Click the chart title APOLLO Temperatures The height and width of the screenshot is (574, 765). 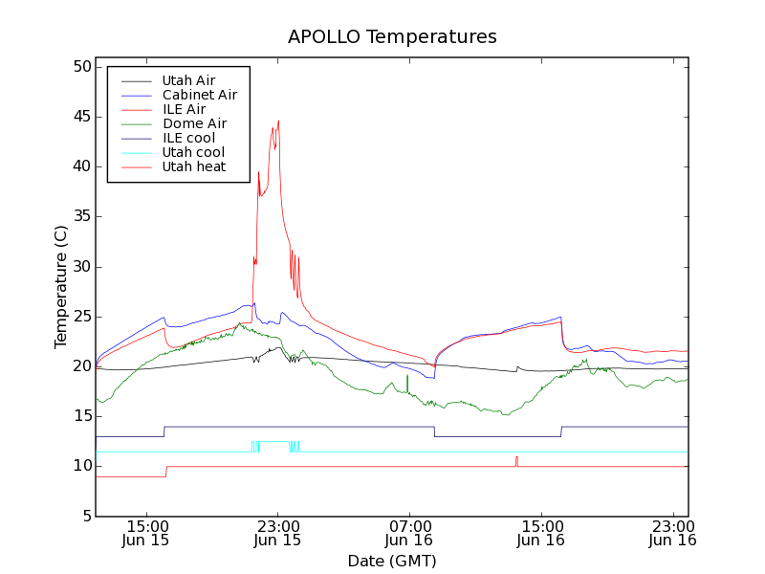click(x=392, y=37)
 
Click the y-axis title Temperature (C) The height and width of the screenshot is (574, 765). click(x=61, y=287)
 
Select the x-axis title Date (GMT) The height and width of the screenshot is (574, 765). click(x=392, y=561)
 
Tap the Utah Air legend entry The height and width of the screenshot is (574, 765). click(x=188, y=80)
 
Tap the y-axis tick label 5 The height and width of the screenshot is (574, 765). click(x=84, y=516)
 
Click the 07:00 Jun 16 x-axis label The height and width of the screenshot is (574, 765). click(x=409, y=533)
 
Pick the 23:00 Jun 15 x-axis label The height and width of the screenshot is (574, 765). click(x=277, y=533)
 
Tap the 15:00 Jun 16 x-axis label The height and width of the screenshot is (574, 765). click(x=541, y=533)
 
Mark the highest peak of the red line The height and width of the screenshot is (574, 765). click(x=278, y=121)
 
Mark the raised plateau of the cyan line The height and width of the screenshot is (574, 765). click(x=273, y=442)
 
